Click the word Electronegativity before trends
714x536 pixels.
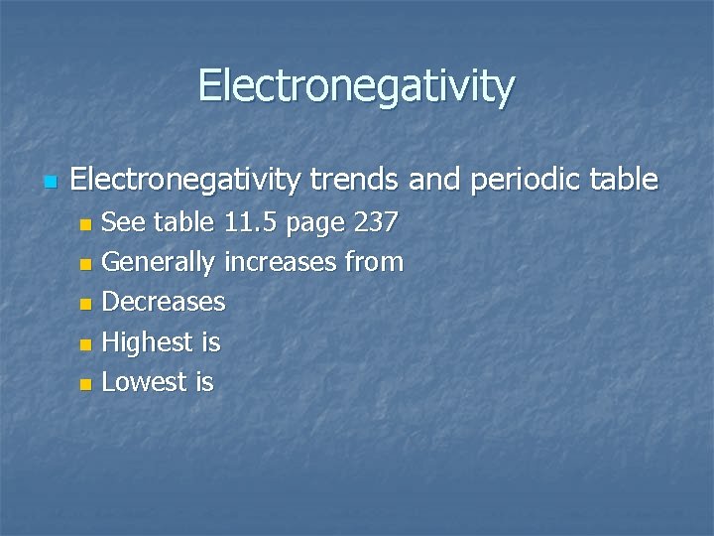click(185, 180)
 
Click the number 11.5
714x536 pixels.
click(250, 222)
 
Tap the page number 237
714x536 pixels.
click(378, 222)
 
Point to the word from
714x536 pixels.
click(375, 263)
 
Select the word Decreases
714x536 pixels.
click(164, 302)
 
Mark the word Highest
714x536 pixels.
click(149, 342)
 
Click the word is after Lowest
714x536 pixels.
click(204, 382)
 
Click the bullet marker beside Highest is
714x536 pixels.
click(86, 344)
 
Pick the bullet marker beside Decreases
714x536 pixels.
click(86, 304)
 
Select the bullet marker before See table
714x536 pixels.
click(86, 224)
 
